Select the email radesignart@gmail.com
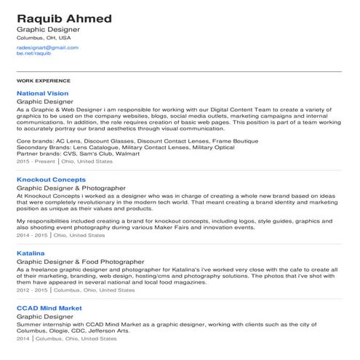click(x=47, y=47)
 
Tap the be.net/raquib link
click(x=33, y=54)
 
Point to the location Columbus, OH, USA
click(x=44, y=37)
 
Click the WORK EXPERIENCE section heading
click(x=43, y=80)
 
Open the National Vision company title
click(x=42, y=94)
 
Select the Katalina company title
click(x=31, y=252)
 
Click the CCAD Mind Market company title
click(x=49, y=308)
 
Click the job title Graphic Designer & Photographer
click(x=71, y=188)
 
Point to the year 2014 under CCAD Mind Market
click(x=23, y=339)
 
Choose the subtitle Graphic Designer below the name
click(x=47, y=29)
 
